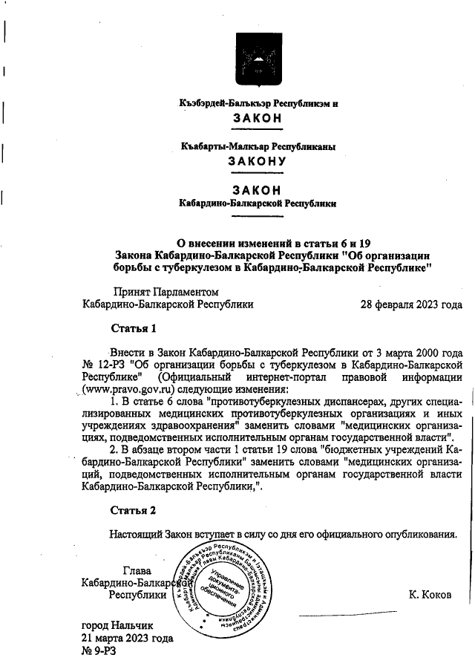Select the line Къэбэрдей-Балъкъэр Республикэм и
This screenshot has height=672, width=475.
point(258,103)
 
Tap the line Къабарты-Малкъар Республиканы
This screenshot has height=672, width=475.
point(258,147)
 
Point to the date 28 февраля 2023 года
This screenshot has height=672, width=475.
point(410,304)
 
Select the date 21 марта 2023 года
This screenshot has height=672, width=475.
point(127,638)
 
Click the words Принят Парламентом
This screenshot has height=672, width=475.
point(166,292)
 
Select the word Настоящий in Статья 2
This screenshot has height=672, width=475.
point(139,533)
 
